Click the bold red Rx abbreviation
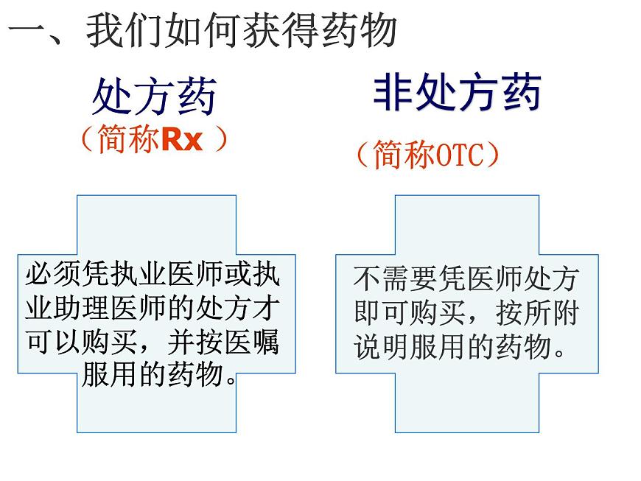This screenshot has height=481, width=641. coord(181,139)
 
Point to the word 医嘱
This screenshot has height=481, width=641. coord(254,342)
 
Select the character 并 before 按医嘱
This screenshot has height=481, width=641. coord(183,342)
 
